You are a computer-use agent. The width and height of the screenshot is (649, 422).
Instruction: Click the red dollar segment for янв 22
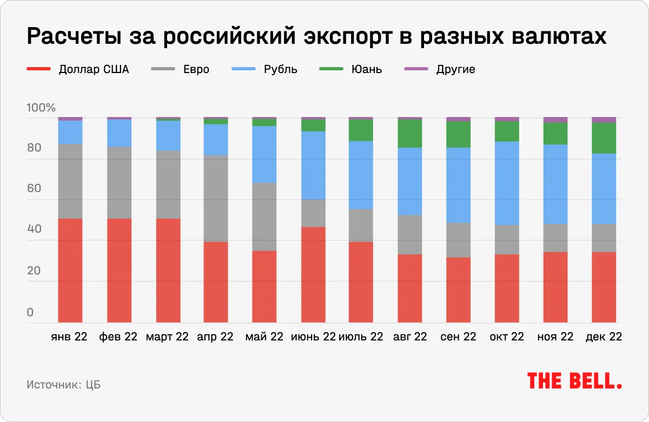[70, 271]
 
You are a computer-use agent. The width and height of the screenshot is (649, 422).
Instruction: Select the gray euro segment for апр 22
[216, 198]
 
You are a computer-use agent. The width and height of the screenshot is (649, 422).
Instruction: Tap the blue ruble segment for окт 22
[507, 183]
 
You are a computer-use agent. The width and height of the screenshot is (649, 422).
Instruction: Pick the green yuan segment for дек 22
[604, 138]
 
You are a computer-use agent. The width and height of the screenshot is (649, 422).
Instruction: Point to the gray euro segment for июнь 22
[313, 213]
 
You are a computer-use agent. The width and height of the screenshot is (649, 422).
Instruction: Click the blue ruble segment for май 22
[264, 154]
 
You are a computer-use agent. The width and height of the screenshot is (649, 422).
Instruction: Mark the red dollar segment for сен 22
[459, 290]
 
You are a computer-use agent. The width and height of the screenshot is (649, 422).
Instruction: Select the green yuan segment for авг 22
[410, 133]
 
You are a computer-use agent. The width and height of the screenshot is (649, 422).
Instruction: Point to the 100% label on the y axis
[41, 108]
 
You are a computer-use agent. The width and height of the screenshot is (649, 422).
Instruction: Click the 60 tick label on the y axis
[34, 189]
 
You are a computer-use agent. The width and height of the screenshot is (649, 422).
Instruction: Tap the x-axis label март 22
[167, 337]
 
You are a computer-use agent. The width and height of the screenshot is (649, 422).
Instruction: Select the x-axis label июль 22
[361, 337]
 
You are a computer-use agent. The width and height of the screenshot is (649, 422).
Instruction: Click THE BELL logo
[574, 381]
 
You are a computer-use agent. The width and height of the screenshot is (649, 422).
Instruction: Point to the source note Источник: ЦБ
[63, 385]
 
